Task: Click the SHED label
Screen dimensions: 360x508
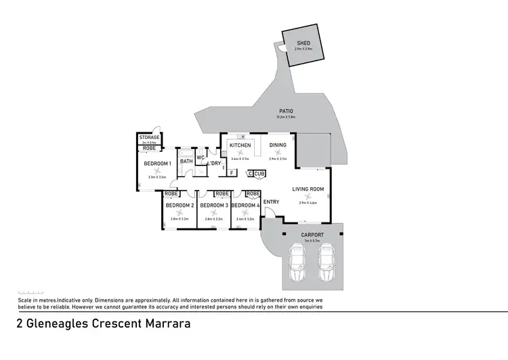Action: pyautogui.click(x=303, y=43)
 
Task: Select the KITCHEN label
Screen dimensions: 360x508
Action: pyautogui.click(x=240, y=145)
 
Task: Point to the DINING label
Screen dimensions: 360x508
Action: pyautogui.click(x=278, y=145)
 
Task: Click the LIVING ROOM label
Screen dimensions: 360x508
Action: pyautogui.click(x=308, y=189)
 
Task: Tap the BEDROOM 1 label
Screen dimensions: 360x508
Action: pyautogui.click(x=157, y=163)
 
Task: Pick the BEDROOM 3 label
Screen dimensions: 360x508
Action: pyautogui.click(x=213, y=205)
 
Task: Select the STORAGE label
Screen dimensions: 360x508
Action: pyautogui.click(x=149, y=138)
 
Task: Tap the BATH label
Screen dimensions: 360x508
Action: pyautogui.click(x=186, y=161)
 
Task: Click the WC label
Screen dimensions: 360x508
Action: pyautogui.click(x=200, y=158)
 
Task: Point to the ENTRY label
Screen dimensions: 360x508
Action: pyautogui.click(x=271, y=202)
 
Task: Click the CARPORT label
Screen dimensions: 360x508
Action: pyautogui.click(x=312, y=235)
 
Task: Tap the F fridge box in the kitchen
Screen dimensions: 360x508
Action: pyautogui.click(x=232, y=173)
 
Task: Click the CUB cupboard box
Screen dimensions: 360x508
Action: pyautogui.click(x=259, y=174)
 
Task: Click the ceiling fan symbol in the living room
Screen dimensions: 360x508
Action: pyautogui.click(x=308, y=197)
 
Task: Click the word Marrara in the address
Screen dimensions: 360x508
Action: pyautogui.click(x=167, y=323)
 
